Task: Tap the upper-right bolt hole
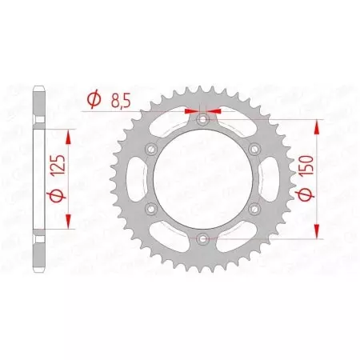click(x=254, y=149)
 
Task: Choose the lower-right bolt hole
click(x=254, y=208)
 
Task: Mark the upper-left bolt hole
click(x=151, y=149)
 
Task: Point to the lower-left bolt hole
click(x=151, y=208)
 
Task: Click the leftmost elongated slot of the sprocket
click(x=137, y=178)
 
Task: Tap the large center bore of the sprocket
click(x=202, y=178)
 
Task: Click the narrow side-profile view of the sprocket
click(x=38, y=178)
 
